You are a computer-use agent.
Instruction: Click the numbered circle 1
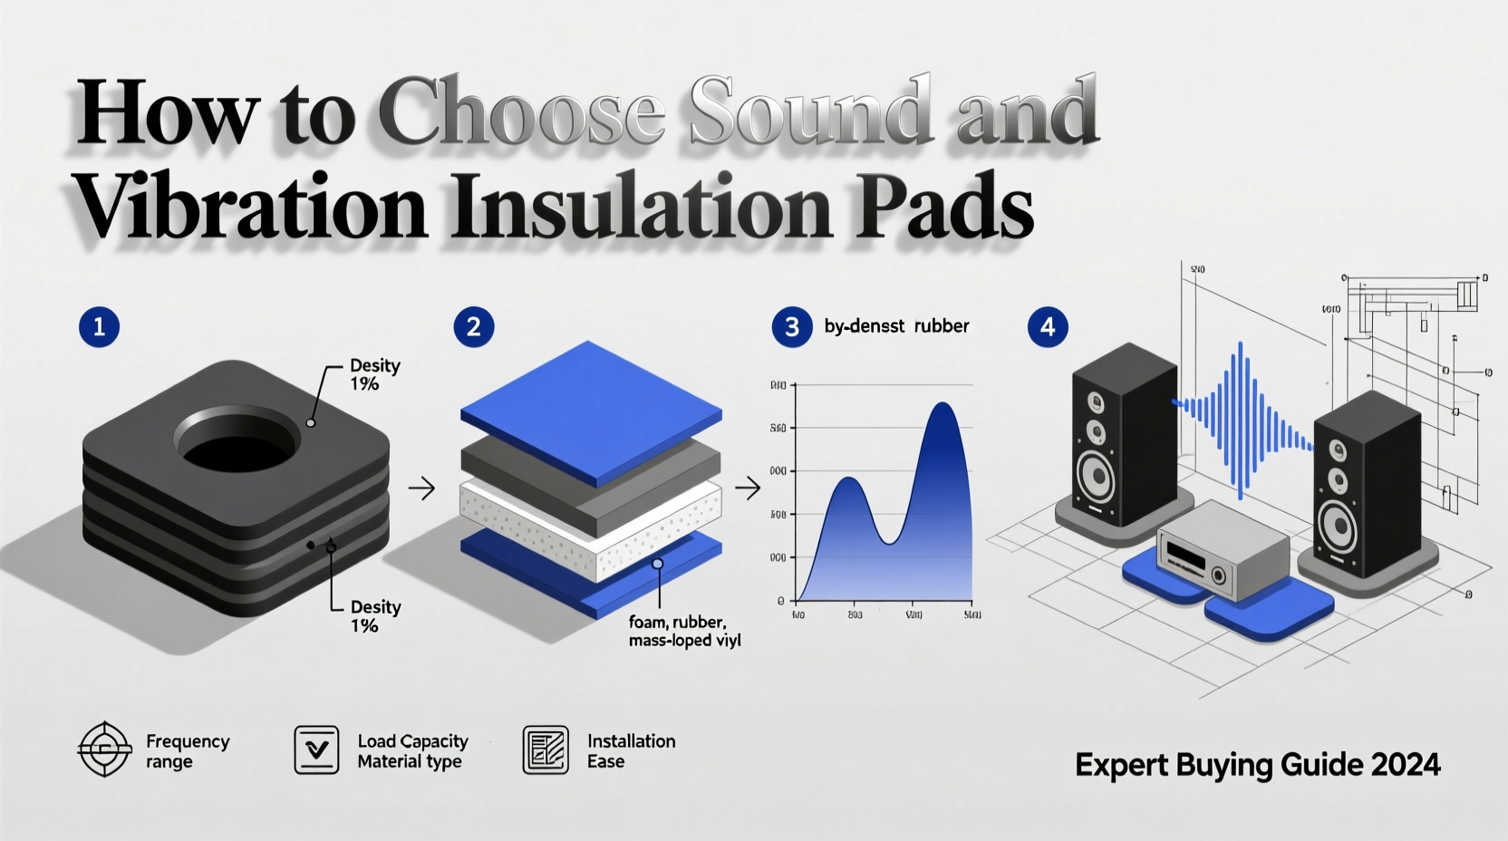click(99, 326)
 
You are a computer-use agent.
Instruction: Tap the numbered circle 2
click(473, 326)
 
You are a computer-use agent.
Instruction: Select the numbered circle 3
click(791, 326)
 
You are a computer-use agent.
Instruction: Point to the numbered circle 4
click(1048, 326)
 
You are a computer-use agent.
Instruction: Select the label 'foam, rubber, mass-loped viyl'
click(683, 632)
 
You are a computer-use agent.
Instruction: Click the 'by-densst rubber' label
click(896, 326)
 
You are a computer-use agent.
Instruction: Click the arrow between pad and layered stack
click(421, 489)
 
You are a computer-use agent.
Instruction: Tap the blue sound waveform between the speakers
click(1242, 417)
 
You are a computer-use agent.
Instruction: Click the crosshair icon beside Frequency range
click(104, 749)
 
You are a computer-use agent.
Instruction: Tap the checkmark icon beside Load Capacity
click(316, 749)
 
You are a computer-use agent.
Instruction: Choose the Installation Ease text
click(631, 751)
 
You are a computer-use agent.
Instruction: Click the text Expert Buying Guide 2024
click(1257, 765)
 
